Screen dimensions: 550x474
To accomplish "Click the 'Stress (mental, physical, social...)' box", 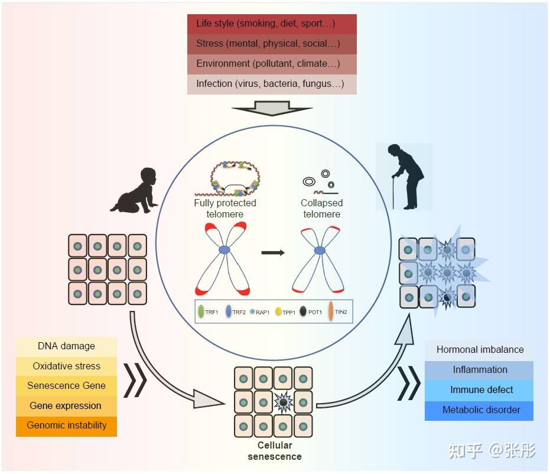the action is (272, 44).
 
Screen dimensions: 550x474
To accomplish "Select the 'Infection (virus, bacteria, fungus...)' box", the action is (272, 84).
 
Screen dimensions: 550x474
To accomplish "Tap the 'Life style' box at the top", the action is (272, 24).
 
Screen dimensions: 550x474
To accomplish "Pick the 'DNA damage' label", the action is (66, 346).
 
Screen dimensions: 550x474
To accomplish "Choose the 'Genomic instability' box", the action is (66, 426).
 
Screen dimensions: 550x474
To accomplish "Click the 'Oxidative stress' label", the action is (66, 366).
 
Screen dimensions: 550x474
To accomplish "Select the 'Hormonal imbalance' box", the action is (480, 350).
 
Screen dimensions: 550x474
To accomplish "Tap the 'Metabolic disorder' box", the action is (480, 411).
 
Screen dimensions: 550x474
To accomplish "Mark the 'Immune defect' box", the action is (480, 391).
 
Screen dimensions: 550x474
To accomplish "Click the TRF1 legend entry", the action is (208, 312).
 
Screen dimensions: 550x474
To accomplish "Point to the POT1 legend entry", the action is (311, 311).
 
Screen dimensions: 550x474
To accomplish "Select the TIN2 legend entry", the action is (337, 311).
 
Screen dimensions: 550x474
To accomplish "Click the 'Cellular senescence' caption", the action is (275, 451).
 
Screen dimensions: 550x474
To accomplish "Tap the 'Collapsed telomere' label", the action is (321, 209).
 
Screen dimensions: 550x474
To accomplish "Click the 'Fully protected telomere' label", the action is (225, 209).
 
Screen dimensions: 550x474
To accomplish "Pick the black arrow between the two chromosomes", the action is (273, 252).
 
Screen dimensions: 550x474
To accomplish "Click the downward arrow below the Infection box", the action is (272, 108).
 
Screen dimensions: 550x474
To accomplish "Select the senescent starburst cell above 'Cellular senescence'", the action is (283, 402).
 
